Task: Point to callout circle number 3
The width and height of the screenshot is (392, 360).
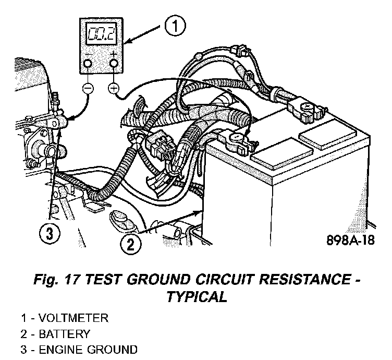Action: point(48,235)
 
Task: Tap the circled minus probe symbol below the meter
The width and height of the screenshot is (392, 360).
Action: point(88,89)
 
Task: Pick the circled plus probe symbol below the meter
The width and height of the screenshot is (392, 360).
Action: point(113,89)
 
